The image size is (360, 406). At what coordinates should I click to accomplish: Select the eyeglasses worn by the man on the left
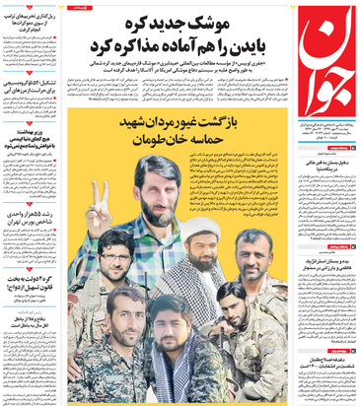pos(115,246)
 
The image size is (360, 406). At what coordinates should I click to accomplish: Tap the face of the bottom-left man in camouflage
pos(126,307)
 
